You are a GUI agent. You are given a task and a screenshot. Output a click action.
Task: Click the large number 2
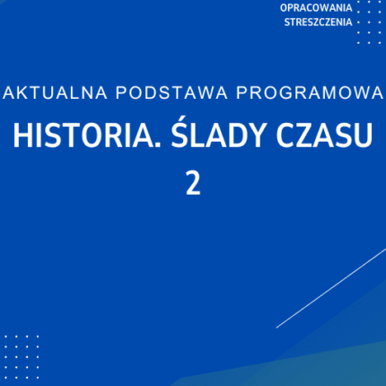(192, 183)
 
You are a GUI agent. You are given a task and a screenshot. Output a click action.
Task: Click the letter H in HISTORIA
(21, 136)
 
